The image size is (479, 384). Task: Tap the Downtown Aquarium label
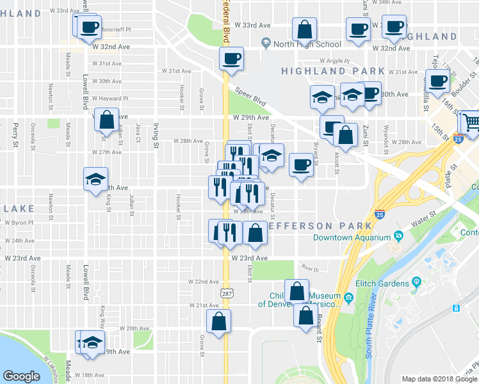point(352,237)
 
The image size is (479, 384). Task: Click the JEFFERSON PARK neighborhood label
point(320,226)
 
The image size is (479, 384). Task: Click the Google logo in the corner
point(21,376)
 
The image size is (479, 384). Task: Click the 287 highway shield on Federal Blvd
point(226,293)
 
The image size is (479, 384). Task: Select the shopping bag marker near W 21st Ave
point(218,321)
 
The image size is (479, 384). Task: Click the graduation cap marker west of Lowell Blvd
point(95,179)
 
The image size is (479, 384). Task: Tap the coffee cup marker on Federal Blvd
point(231,60)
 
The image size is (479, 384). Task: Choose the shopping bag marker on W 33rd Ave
point(304,29)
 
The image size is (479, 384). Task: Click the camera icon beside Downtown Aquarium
point(398,236)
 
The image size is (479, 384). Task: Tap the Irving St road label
point(156,136)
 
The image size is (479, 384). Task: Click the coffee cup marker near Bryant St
point(300,165)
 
